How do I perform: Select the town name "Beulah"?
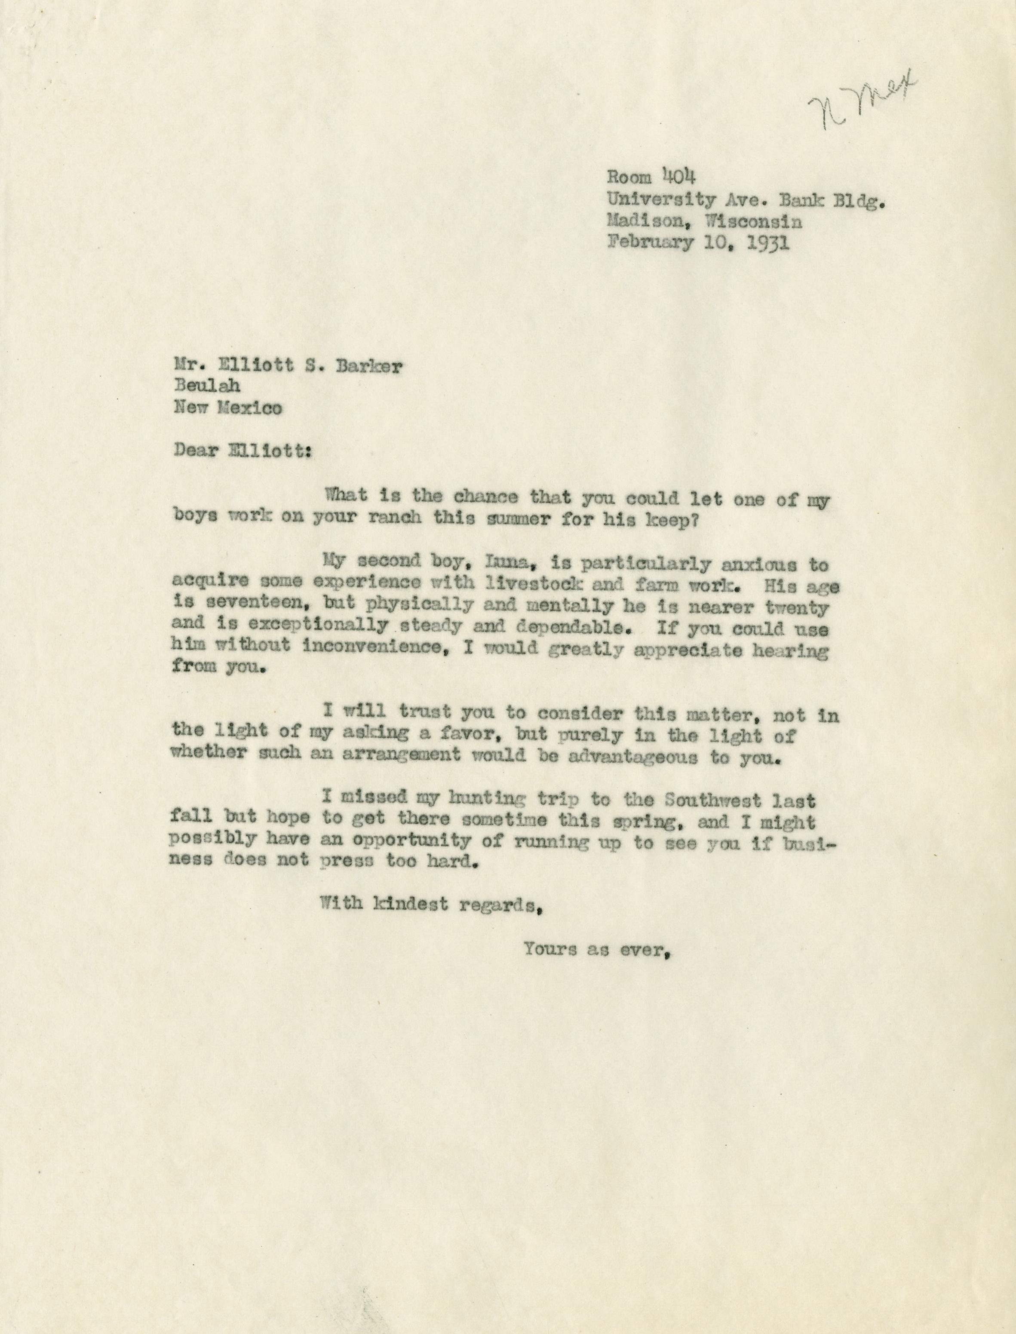pyautogui.click(x=207, y=387)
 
